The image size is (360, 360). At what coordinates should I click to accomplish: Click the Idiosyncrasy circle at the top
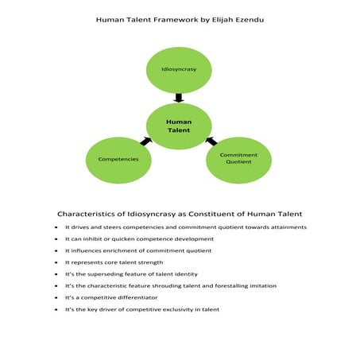[179, 69]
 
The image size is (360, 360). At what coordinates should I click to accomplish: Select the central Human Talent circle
[179, 126]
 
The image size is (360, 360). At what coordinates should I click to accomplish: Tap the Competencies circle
[118, 159]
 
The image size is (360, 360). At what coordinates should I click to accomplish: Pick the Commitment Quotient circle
[238, 159]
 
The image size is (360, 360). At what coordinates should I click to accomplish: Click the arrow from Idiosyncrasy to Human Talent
[179, 98]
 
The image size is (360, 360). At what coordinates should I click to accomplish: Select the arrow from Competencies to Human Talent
[145, 141]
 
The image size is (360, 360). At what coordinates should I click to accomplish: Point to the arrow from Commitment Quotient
[211, 141]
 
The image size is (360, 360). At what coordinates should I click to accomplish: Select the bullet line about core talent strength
[114, 261]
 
